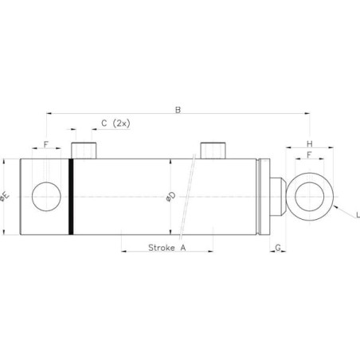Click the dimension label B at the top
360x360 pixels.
[x=178, y=110]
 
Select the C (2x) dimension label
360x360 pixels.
[x=115, y=123]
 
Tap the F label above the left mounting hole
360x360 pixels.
[x=46, y=145]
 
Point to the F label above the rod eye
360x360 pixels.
[x=309, y=155]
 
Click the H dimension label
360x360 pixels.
[x=310, y=144]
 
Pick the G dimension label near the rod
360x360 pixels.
[x=278, y=248]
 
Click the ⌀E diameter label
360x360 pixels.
[x=5, y=197]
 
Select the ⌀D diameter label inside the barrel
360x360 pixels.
[x=171, y=197]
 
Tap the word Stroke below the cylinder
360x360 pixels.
[x=162, y=248]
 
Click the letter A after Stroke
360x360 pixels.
[x=183, y=248]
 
